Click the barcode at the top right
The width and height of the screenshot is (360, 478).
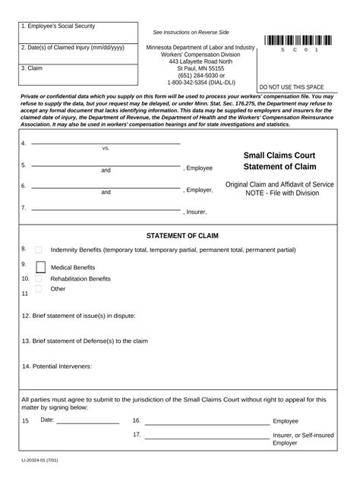(x=299, y=41)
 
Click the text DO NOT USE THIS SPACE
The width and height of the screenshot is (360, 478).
(x=292, y=86)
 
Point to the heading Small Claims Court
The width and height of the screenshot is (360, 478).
(x=279, y=155)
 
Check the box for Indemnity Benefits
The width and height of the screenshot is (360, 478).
(x=38, y=250)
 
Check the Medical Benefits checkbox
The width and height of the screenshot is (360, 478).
(x=40, y=266)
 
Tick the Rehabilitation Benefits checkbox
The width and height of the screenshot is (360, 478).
(x=38, y=279)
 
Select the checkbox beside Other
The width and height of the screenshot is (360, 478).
(x=38, y=290)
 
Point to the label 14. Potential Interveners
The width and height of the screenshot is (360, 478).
(x=57, y=366)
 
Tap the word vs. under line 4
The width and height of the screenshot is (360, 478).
(x=106, y=149)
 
